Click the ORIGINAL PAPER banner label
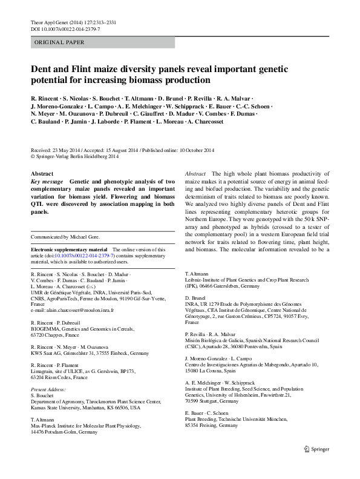[59, 42]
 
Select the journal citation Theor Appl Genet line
[73, 22]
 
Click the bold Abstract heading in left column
[42, 173]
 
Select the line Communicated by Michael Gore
[65, 237]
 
